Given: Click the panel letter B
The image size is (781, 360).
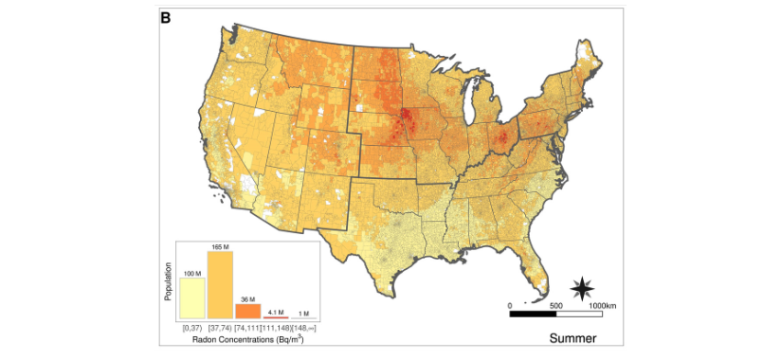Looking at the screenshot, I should click(x=166, y=17).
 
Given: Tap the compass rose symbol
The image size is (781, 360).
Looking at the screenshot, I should click(x=583, y=287).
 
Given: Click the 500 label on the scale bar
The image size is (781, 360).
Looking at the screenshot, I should click(x=555, y=305).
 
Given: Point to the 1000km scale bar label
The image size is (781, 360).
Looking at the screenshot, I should click(x=603, y=305).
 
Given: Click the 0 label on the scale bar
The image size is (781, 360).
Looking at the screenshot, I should click(x=510, y=305).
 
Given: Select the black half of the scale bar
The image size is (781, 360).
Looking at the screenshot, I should click(x=533, y=314).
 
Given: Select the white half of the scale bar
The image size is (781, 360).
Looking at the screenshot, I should click(x=577, y=314).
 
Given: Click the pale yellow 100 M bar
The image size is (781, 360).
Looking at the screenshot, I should click(x=193, y=298).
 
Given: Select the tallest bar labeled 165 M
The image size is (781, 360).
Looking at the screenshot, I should click(x=220, y=285).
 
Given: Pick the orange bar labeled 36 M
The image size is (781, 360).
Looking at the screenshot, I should click(x=247, y=311).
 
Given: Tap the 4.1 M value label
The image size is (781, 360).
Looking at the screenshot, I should click(x=275, y=312).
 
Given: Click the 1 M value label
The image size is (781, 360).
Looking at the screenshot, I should click(x=302, y=313).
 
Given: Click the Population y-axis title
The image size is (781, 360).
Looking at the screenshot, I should click(x=169, y=283).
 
